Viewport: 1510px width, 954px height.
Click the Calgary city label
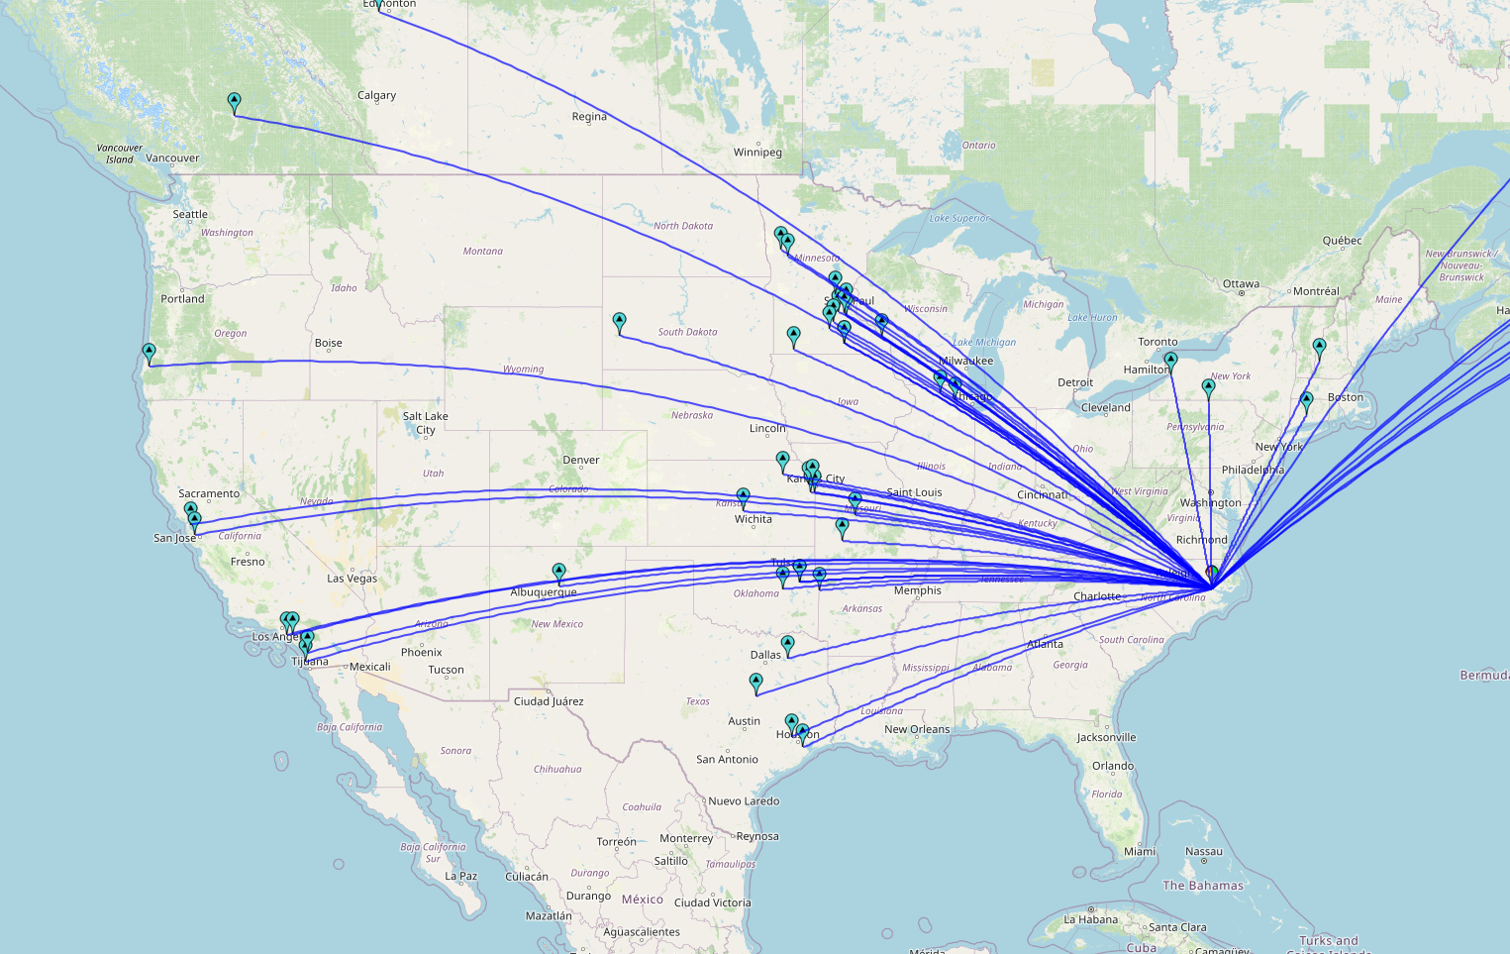click(376, 95)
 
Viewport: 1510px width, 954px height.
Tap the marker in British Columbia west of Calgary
click(234, 102)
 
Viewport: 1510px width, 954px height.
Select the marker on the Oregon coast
click(149, 353)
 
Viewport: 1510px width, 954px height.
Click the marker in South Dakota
click(619, 323)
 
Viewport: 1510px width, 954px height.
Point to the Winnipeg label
click(757, 153)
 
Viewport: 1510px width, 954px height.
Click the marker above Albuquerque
click(558, 573)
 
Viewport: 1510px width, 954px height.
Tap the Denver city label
click(580, 460)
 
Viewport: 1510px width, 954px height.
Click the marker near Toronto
click(1170, 361)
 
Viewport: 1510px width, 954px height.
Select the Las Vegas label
click(352, 579)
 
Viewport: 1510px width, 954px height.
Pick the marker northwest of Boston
click(1319, 348)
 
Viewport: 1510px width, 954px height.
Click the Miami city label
click(1139, 852)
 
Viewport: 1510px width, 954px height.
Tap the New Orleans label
click(916, 729)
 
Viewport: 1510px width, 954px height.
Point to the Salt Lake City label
click(425, 423)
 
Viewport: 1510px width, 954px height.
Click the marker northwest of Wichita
click(743, 496)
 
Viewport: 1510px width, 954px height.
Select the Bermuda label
click(1483, 676)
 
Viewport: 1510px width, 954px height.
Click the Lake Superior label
click(958, 218)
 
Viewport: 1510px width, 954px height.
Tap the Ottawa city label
click(1241, 284)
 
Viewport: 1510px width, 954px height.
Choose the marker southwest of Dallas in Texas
click(755, 683)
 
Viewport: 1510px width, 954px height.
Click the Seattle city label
click(190, 214)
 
